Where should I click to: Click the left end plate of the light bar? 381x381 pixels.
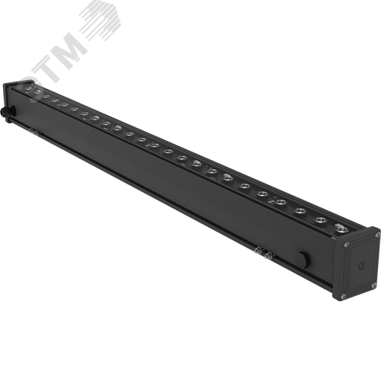coord(10,107)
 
